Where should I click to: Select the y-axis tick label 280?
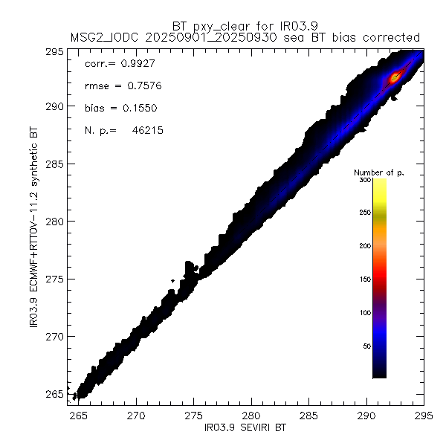click(57, 222)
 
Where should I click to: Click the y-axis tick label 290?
click(57, 106)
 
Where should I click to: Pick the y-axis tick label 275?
click(57, 279)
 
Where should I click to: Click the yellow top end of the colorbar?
click(379, 184)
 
